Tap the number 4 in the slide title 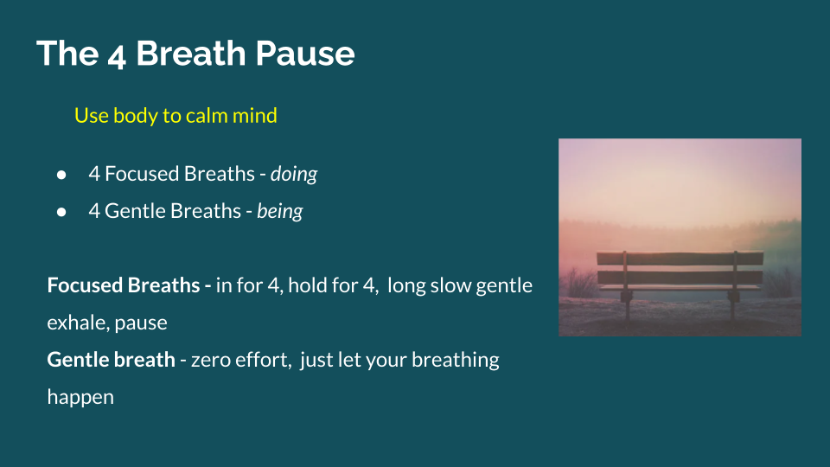click(117, 55)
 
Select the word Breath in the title click(188, 54)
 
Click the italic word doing click(294, 174)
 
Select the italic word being click(280, 211)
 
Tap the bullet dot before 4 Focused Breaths click(61, 174)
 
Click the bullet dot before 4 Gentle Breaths click(61, 211)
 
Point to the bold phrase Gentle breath click(111, 360)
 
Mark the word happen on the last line click(80, 397)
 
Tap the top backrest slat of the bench click(680, 258)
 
